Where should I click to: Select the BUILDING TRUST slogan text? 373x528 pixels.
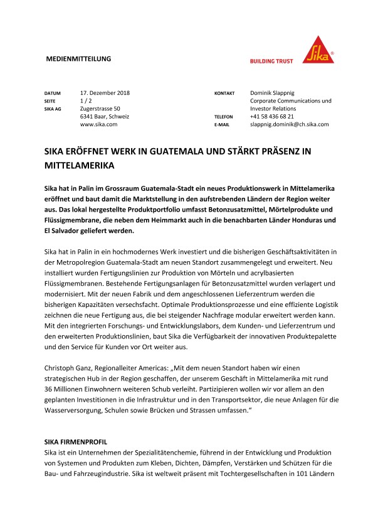click(272, 62)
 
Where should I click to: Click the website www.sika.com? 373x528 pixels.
click(99, 125)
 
